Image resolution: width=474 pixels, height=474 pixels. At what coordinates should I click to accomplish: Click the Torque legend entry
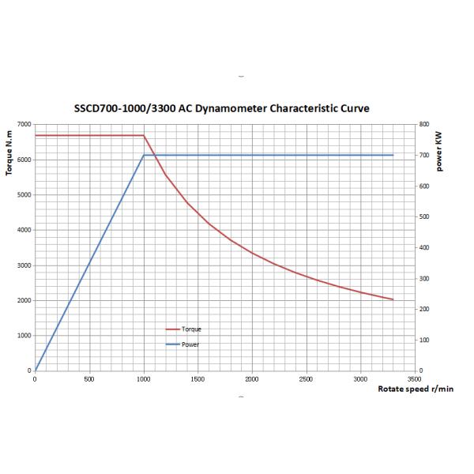[x=190, y=329]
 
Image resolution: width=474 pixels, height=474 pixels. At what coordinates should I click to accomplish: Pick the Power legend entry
[x=190, y=344]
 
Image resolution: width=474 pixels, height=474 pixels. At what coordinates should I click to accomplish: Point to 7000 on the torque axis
[x=24, y=124]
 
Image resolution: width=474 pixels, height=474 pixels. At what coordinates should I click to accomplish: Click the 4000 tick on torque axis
[x=24, y=230]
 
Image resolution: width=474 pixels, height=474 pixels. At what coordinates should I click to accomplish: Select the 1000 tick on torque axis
[x=24, y=336]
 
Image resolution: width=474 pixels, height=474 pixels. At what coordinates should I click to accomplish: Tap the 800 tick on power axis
[x=424, y=124]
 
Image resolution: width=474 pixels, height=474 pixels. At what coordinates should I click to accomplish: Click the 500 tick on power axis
[x=424, y=216]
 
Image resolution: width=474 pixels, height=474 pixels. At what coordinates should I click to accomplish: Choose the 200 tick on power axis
[x=424, y=309]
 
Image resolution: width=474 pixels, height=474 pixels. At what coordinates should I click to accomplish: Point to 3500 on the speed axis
[x=415, y=378]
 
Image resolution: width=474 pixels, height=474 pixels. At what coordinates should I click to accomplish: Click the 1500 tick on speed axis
[x=197, y=378]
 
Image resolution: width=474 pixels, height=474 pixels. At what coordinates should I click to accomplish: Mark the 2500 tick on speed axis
[x=306, y=378]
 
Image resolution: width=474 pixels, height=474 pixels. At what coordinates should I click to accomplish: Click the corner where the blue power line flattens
[x=143, y=155]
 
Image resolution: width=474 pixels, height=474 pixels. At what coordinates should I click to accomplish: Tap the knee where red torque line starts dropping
[x=143, y=136]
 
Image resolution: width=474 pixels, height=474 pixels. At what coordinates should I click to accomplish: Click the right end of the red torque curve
[x=393, y=299]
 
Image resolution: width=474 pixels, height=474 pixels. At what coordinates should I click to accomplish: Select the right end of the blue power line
[x=393, y=155]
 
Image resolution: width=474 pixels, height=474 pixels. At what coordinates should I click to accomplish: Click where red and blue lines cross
[x=155, y=155]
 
